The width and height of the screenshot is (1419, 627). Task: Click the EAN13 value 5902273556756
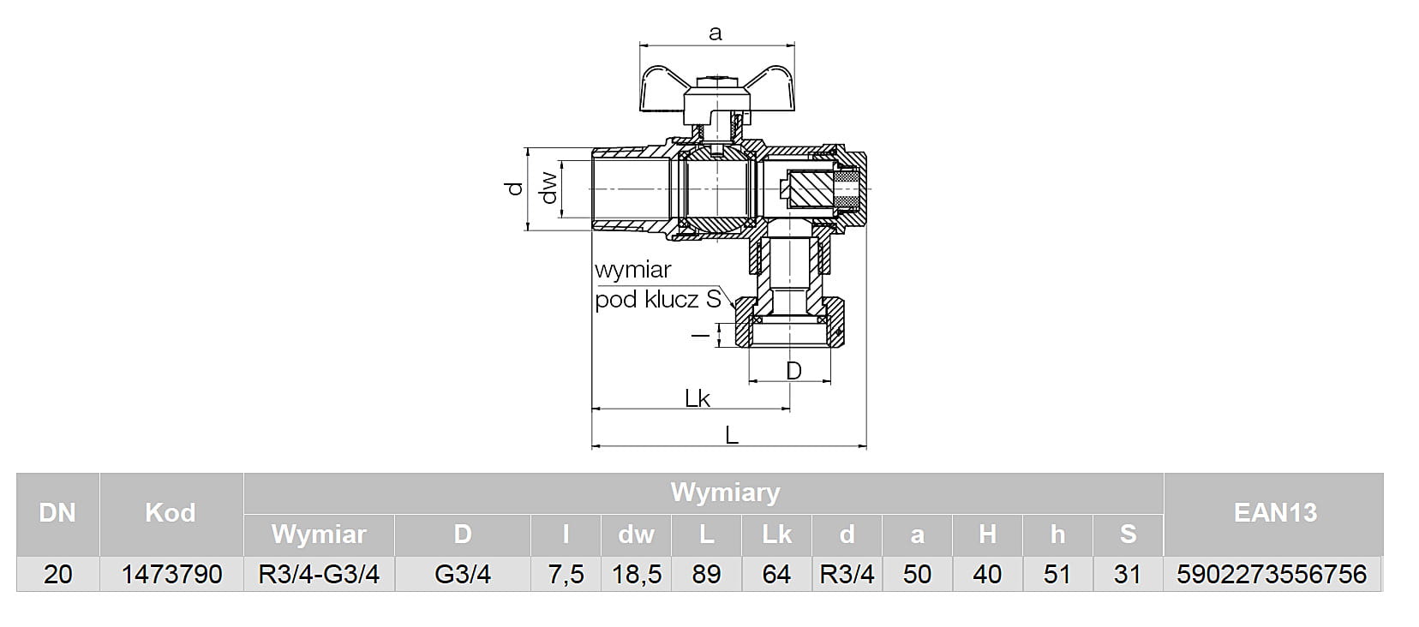(x=1272, y=575)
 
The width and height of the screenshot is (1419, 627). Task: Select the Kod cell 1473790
(x=171, y=575)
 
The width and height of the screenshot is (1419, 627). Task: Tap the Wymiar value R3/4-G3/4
(x=319, y=575)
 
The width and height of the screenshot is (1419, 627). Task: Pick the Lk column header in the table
(x=776, y=534)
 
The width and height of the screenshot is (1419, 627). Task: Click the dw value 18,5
(x=636, y=575)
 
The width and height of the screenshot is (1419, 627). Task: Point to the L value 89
(x=706, y=575)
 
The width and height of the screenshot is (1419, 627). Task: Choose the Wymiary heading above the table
(x=725, y=493)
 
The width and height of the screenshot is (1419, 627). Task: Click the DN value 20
(x=57, y=575)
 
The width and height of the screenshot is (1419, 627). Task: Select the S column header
(x=1128, y=534)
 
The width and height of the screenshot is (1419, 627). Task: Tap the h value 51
(x=1057, y=575)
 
